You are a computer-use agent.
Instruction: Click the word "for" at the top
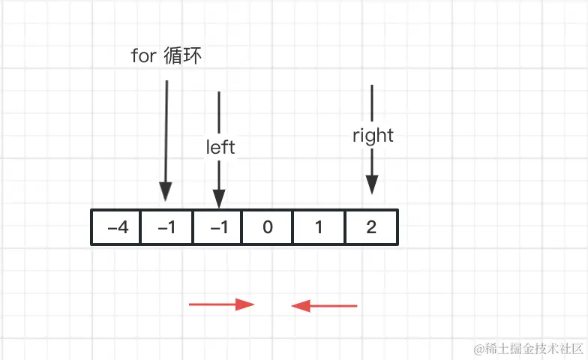(143, 56)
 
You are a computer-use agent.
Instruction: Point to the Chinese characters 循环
(182, 56)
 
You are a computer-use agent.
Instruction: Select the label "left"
(220, 147)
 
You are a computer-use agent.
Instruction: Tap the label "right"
(373, 136)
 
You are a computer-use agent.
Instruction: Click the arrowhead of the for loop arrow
(166, 193)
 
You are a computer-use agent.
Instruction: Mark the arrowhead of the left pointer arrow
(218, 199)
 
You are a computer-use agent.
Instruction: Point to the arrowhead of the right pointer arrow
(372, 184)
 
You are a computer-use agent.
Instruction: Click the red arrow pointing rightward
(221, 304)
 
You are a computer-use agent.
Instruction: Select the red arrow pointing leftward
(324, 305)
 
